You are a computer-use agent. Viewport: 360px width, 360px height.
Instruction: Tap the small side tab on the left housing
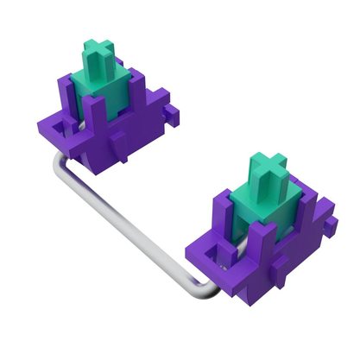click(x=173, y=111)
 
